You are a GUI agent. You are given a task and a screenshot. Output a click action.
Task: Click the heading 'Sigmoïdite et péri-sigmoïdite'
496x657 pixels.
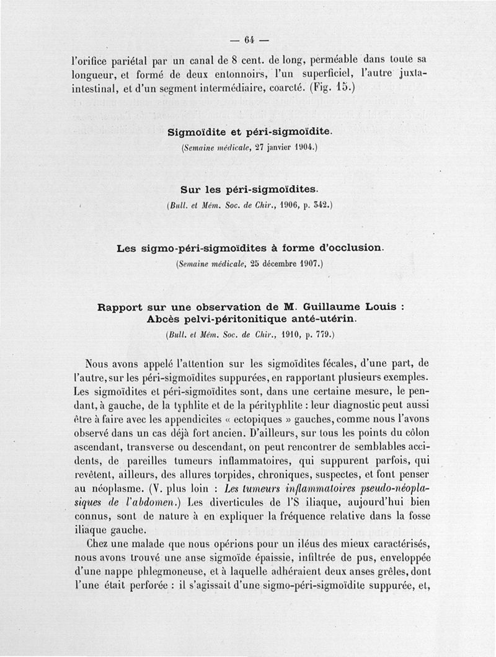pyautogui.click(x=250, y=131)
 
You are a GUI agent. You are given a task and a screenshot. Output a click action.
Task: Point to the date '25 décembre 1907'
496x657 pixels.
pyautogui.click(x=285, y=264)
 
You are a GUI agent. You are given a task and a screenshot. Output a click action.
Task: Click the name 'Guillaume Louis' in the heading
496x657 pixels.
pyautogui.click(x=332, y=306)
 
